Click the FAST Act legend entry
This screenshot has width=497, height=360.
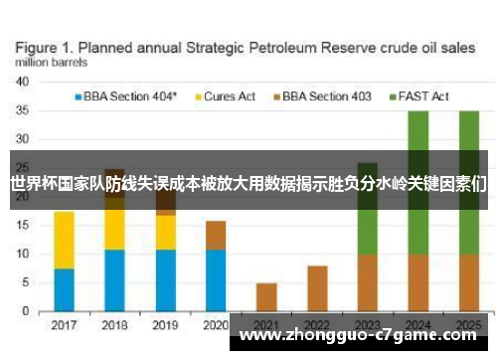423,96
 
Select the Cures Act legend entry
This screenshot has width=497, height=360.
230,96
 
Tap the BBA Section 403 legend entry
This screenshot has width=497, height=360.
327,96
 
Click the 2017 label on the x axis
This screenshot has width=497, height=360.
64,325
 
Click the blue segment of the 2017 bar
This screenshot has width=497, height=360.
64,290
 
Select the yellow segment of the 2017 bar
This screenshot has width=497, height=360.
64,239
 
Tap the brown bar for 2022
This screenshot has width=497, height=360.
317,288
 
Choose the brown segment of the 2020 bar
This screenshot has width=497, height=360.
216,235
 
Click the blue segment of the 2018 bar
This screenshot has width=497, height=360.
115,280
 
